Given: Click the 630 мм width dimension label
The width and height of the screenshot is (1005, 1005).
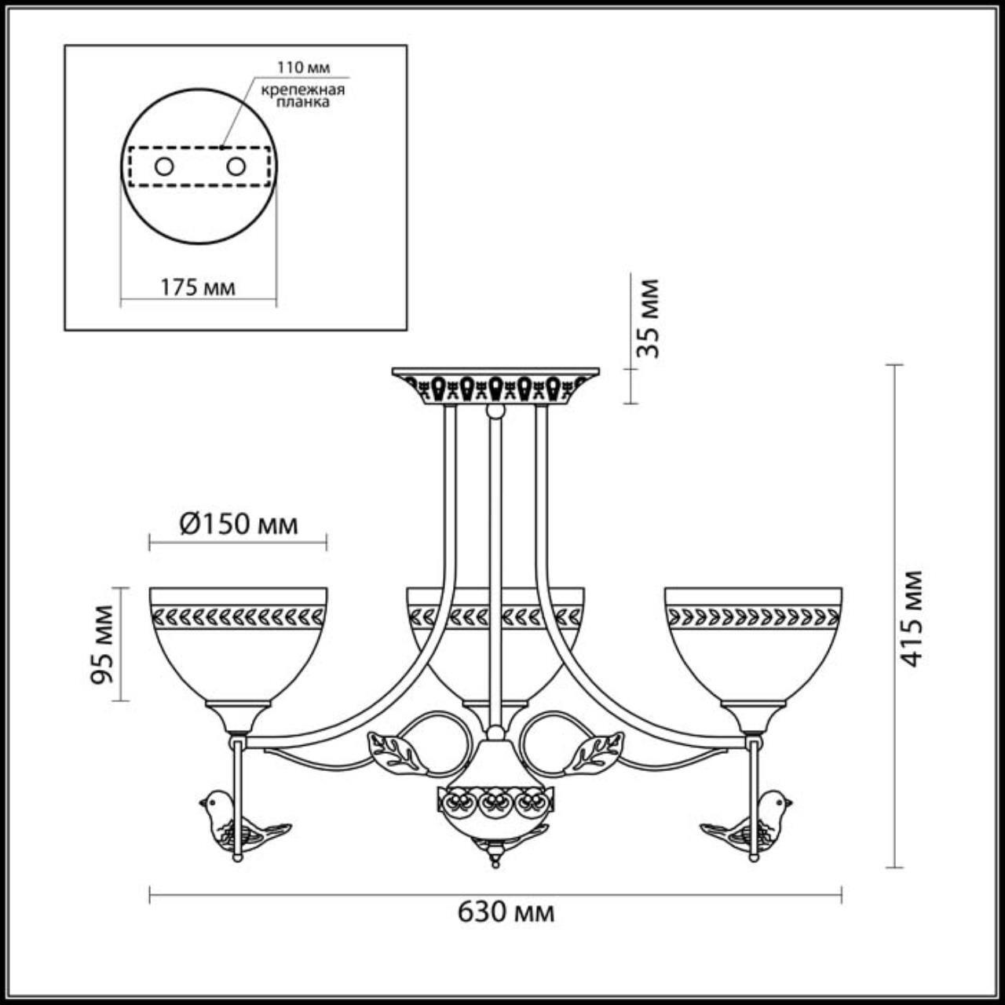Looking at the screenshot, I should point(506,912).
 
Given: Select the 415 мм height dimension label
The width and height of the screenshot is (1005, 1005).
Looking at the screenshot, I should point(911,618).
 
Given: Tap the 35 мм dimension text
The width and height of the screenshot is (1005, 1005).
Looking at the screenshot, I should point(649,318).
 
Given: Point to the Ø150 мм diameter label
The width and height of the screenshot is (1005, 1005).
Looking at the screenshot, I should point(239,524).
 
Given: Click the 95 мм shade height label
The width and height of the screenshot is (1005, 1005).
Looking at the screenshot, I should point(104,644).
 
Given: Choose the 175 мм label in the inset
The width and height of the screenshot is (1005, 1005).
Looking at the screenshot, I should point(198,287).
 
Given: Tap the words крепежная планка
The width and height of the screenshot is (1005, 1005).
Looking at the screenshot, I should point(303,95).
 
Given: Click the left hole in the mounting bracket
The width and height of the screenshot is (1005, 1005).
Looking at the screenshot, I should point(164,166).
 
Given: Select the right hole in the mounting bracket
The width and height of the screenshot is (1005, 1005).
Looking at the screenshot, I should point(236,166).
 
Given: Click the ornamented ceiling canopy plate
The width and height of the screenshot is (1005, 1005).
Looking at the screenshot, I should point(495,386).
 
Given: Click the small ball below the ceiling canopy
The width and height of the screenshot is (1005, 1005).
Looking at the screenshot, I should point(495,411).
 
